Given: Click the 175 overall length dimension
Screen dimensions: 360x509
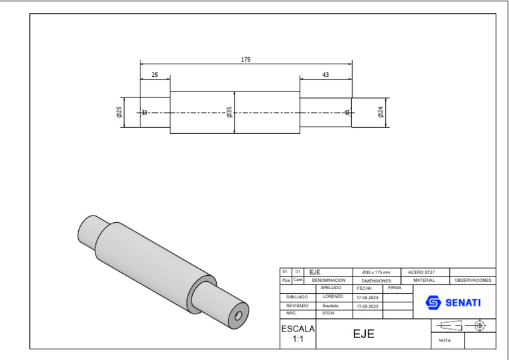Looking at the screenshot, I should point(246,60).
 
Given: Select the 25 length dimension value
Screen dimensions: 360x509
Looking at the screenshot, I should point(154,75).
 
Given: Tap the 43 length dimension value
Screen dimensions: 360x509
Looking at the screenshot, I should point(325,75).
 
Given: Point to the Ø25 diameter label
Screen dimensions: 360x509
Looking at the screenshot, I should point(119,112).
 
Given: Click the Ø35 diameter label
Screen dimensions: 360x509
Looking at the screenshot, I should point(229,112).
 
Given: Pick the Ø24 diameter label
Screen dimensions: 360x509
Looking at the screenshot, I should point(380,113).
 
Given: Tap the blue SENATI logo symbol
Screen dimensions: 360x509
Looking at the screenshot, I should point(433,303).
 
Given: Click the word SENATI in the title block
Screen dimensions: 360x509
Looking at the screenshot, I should point(463,303).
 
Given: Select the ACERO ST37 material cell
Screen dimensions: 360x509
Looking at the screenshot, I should point(422,272).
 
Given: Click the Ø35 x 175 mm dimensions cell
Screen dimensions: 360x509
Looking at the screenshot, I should point(376,272).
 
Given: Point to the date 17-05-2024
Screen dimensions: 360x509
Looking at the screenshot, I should point(367,298).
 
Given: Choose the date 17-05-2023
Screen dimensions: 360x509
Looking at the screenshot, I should point(367,306).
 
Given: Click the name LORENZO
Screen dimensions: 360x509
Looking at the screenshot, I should point(333,296).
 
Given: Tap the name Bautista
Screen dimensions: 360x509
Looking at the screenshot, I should point(331,305).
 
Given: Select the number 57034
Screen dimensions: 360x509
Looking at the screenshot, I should point(328,313).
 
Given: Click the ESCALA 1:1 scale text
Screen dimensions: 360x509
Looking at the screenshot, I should point(298,333).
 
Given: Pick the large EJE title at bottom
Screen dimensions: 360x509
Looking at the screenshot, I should point(363,334).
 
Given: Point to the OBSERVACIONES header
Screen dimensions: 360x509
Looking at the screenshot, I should point(473,280).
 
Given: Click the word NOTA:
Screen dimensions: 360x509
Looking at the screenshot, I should point(445,341).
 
